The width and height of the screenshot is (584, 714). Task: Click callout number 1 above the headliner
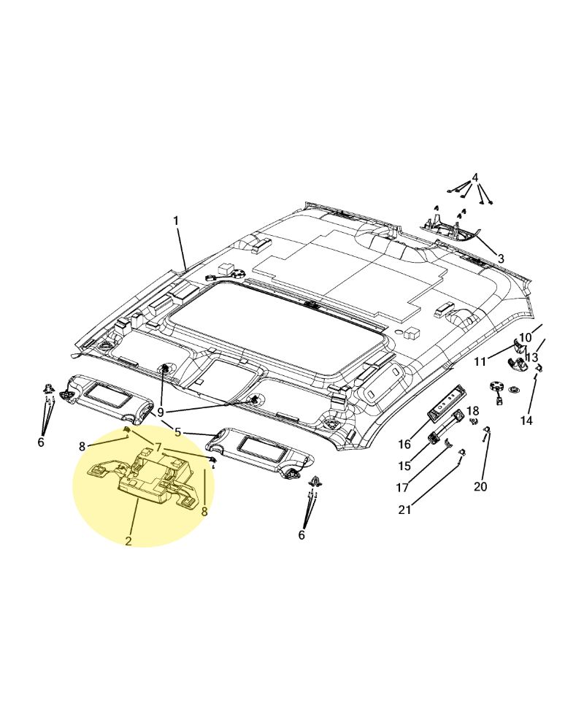click(176, 220)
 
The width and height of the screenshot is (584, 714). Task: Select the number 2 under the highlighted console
click(128, 541)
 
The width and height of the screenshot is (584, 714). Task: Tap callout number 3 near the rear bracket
click(501, 258)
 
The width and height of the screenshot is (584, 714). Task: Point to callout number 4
click(475, 178)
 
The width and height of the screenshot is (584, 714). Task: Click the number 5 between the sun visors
click(177, 432)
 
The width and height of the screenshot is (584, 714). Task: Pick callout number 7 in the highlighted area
click(158, 447)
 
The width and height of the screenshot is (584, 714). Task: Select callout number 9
click(161, 412)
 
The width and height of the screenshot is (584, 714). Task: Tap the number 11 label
click(480, 361)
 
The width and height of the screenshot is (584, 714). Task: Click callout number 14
click(526, 421)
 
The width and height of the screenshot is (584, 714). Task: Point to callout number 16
click(404, 444)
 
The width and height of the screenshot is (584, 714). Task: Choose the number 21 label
click(405, 510)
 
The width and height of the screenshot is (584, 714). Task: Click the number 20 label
click(480, 486)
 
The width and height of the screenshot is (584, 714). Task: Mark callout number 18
click(473, 411)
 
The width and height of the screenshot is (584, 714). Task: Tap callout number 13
click(531, 358)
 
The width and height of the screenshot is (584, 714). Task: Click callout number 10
click(526, 338)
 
